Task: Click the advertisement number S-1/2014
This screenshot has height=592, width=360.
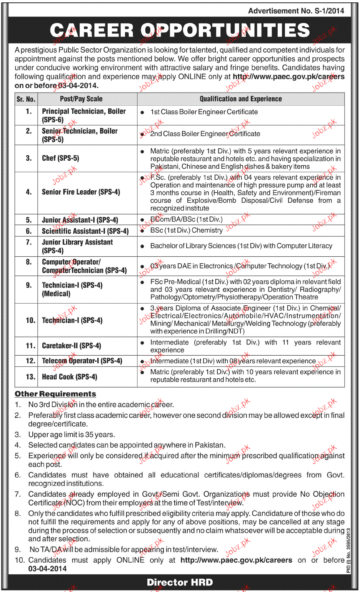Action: pos(296,11)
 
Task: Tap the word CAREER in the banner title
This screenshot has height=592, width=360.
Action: pos(92,30)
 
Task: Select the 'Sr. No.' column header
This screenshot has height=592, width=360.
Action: pos(26,99)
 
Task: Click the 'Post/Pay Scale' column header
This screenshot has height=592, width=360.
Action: pos(81,99)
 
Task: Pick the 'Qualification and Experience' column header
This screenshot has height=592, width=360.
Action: pos(240,99)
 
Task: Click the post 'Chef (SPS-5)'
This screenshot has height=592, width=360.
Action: pos(60,158)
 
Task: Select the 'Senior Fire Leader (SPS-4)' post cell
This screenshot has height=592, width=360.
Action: pos(81,192)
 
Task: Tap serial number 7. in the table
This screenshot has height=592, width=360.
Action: pos(29,242)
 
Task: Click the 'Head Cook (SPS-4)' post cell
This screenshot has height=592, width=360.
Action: pos(69,377)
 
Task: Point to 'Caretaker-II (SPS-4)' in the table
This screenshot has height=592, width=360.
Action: pos(71,346)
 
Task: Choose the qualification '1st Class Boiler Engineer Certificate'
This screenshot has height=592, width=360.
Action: pos(204,112)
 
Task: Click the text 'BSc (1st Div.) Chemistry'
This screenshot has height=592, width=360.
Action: pos(186,230)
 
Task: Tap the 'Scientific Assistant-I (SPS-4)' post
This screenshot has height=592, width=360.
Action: pos(85,231)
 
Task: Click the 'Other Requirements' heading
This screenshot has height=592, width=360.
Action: pos(55,394)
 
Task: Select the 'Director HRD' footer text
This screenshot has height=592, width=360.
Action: pos(180,582)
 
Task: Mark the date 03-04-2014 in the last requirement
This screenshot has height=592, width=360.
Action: pos(47,569)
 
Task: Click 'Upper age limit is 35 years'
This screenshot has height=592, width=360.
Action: pos(72,434)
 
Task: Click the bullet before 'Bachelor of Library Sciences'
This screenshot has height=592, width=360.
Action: pos(142,246)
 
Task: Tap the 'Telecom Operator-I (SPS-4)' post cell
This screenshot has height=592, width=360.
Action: pos(82,361)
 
